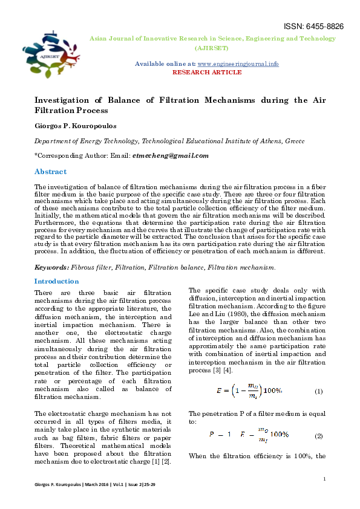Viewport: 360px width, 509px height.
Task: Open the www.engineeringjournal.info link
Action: click(x=238, y=63)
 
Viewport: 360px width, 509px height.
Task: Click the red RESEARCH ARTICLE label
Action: click(x=207, y=72)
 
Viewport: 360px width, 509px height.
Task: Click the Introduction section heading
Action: click(x=56, y=281)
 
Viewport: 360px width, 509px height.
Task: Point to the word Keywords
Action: click(x=51, y=267)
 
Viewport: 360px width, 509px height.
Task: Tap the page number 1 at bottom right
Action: click(x=325, y=479)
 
